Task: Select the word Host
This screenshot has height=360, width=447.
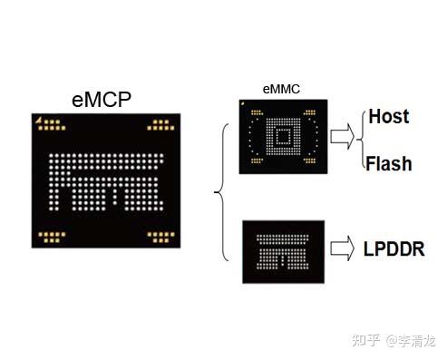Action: [x=388, y=117]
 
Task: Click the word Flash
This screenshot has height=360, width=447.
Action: [x=389, y=164]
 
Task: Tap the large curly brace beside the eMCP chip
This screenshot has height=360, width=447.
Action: [x=220, y=191]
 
